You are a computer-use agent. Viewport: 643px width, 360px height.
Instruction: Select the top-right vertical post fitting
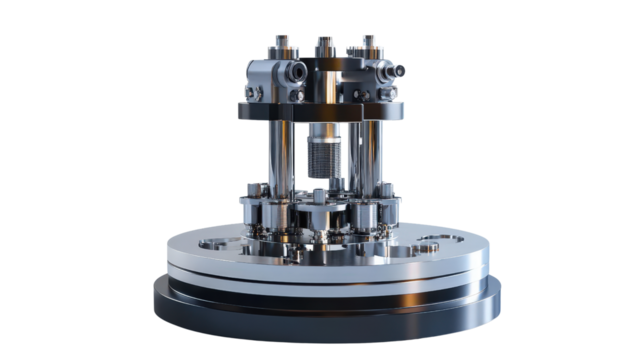tap(368, 45)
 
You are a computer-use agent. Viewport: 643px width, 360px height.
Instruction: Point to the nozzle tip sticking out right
tap(400, 71)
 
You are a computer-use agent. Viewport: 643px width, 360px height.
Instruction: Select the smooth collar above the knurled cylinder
tap(322, 132)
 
